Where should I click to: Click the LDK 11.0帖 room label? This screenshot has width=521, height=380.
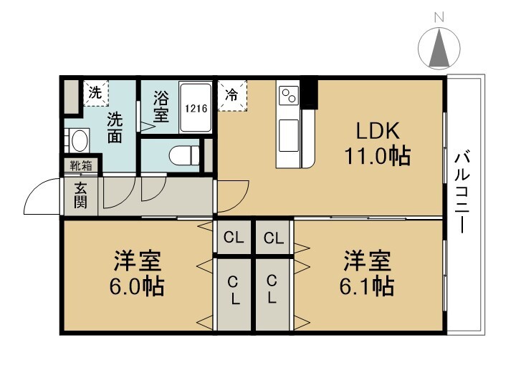click(x=378, y=144)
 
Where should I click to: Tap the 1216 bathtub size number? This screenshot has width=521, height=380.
click(x=196, y=109)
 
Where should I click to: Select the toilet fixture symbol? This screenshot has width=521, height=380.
click(x=184, y=155)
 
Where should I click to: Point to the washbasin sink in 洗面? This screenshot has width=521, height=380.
click(x=80, y=140)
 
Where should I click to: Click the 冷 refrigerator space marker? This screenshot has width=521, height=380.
click(x=232, y=95)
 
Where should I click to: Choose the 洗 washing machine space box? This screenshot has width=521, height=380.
click(x=95, y=93)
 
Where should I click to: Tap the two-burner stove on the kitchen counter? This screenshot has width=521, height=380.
click(x=289, y=95)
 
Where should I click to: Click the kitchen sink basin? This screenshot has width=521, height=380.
click(x=288, y=136)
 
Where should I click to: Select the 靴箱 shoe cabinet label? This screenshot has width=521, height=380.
click(x=81, y=165)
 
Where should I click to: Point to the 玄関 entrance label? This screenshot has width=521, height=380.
click(x=80, y=196)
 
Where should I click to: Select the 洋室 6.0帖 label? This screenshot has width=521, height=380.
click(x=137, y=273)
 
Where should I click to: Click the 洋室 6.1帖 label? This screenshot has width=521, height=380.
click(x=367, y=273)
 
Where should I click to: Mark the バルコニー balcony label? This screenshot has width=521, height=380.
click(x=462, y=192)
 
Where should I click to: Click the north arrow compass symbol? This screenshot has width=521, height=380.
click(x=439, y=49)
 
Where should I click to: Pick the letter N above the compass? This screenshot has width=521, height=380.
click(x=439, y=17)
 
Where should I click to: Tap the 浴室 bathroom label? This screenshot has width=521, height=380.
click(x=161, y=106)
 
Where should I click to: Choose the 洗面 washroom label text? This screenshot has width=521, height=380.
click(x=115, y=128)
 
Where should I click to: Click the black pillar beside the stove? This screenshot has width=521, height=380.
click(x=310, y=94)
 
